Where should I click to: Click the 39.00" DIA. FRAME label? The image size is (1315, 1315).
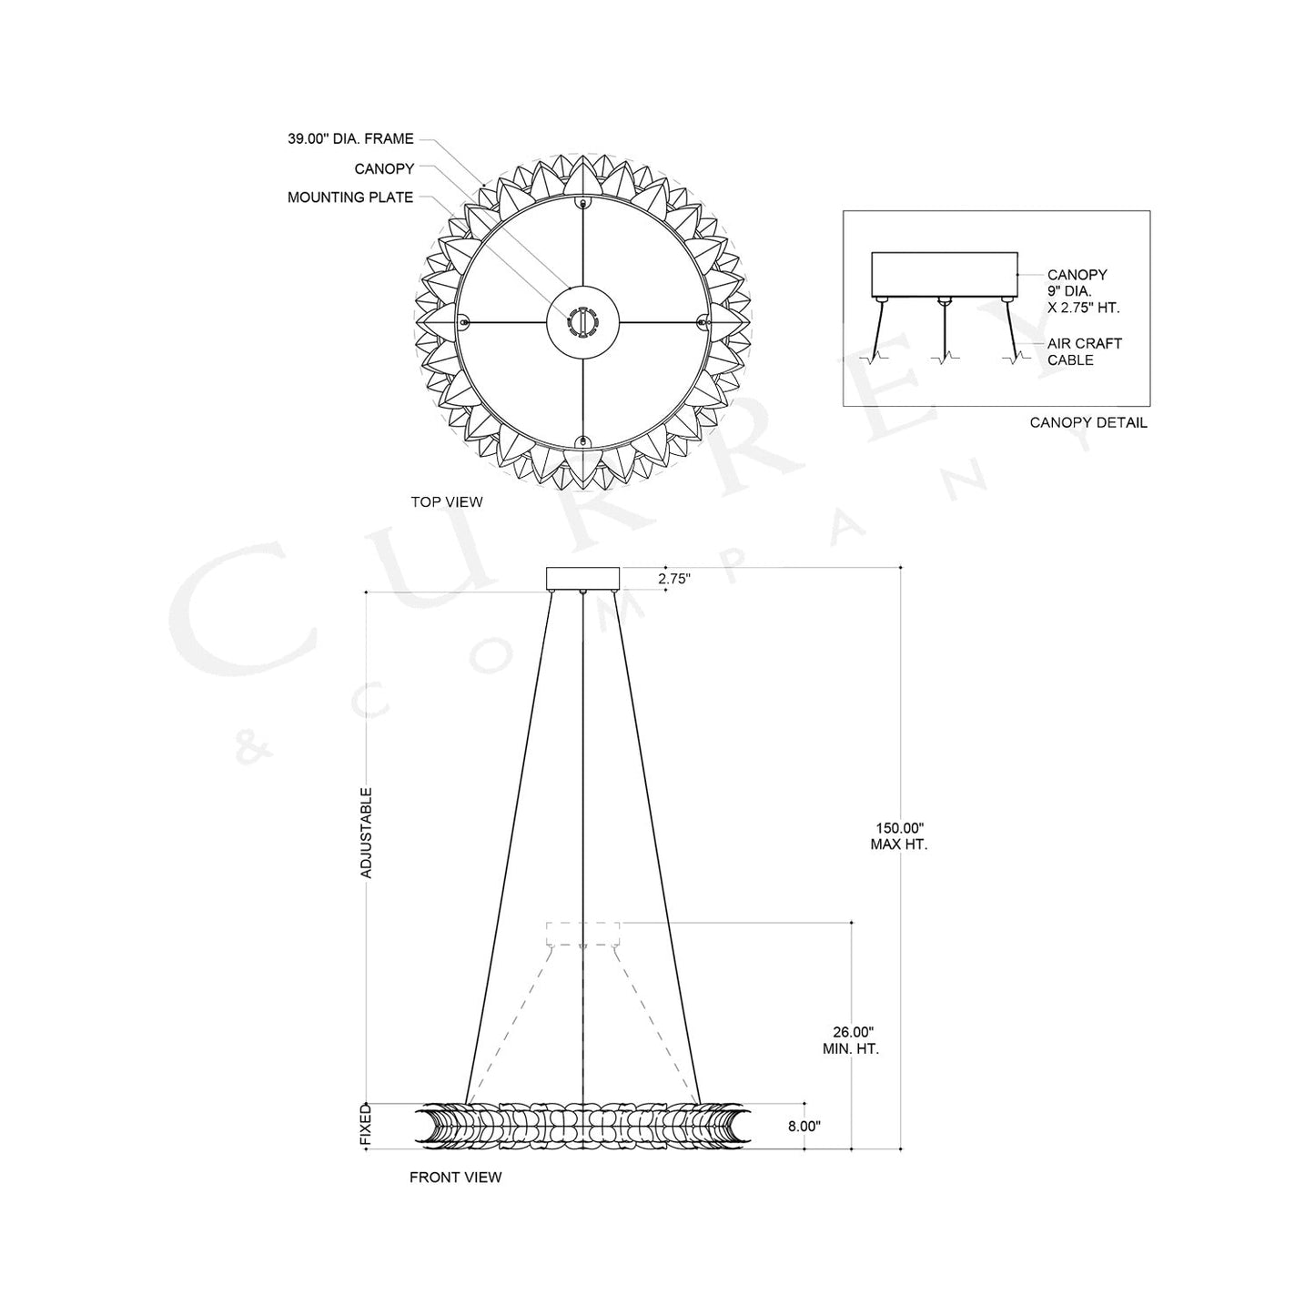350,139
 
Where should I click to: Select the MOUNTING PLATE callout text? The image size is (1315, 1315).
350,197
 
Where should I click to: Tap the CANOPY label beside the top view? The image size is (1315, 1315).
384,168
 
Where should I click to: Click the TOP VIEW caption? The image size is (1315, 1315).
446,501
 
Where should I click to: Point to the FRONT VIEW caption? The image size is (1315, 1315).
455,1177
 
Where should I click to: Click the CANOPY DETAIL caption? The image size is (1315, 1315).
1088,422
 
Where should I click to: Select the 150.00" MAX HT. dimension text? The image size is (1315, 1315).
900,835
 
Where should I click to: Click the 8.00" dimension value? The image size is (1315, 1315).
804,1126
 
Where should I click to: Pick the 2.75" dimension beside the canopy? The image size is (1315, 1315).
674,578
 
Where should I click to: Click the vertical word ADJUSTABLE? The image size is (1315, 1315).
367,832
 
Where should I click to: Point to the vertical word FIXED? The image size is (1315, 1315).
366,1126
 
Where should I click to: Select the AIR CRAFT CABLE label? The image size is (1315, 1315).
1084,351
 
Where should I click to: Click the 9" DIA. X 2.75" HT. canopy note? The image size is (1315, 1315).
1083,299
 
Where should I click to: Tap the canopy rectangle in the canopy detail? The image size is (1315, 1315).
944,273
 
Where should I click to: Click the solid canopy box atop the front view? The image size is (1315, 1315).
582,578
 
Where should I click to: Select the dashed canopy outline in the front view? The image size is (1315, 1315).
582,934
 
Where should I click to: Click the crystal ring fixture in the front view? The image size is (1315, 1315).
582,1126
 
